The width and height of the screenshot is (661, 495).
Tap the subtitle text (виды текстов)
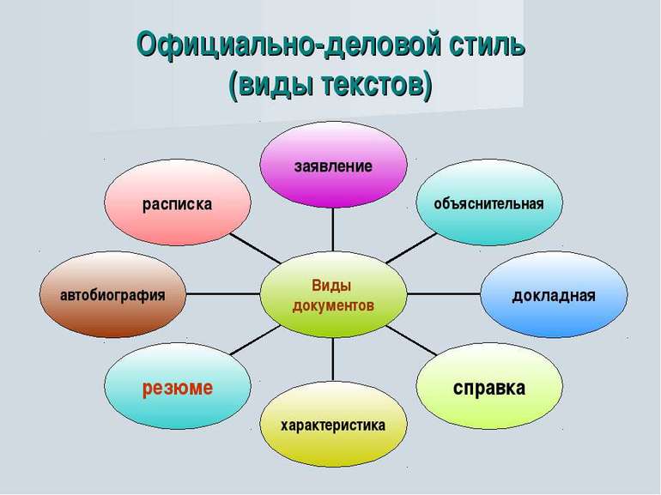(330, 86)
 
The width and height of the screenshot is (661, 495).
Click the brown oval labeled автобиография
(112, 294)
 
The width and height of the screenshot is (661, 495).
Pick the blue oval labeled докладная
(553, 294)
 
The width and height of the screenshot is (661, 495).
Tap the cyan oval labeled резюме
(178, 387)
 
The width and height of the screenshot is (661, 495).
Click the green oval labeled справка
(489, 387)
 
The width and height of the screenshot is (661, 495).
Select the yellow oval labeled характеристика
(334, 424)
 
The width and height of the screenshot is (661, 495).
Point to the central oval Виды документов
(333, 294)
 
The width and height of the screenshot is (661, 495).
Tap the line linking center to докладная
(442, 294)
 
